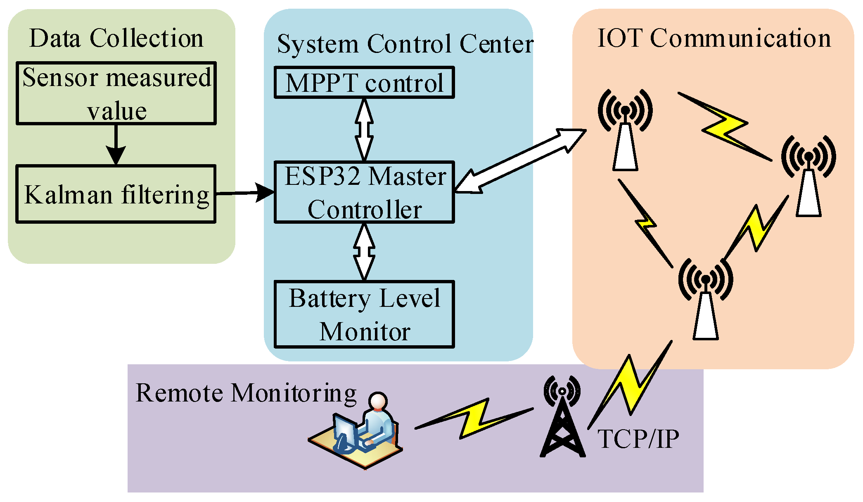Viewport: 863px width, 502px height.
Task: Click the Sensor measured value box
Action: (x=116, y=93)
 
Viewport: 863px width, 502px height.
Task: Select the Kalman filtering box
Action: (x=116, y=194)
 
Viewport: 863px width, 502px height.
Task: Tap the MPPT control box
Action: (x=364, y=83)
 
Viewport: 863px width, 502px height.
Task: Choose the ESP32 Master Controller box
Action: (x=364, y=192)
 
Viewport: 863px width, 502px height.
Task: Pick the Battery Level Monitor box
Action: (x=364, y=314)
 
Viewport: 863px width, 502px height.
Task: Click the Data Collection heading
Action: (x=116, y=38)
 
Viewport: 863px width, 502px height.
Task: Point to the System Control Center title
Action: (x=405, y=44)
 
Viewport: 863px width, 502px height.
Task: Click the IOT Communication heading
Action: (x=714, y=38)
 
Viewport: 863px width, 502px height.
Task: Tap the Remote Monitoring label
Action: (x=246, y=392)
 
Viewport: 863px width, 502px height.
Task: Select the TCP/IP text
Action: (x=638, y=439)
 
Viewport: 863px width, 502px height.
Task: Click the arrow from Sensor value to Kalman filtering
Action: (x=116, y=145)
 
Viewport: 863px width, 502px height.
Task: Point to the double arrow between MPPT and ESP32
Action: (x=364, y=129)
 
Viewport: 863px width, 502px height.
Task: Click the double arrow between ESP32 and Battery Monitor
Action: (x=364, y=252)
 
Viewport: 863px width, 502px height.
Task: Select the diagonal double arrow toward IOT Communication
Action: (x=520, y=161)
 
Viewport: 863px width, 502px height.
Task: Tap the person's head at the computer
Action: (x=378, y=401)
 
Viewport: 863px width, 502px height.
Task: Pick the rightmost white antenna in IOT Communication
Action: (x=808, y=178)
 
